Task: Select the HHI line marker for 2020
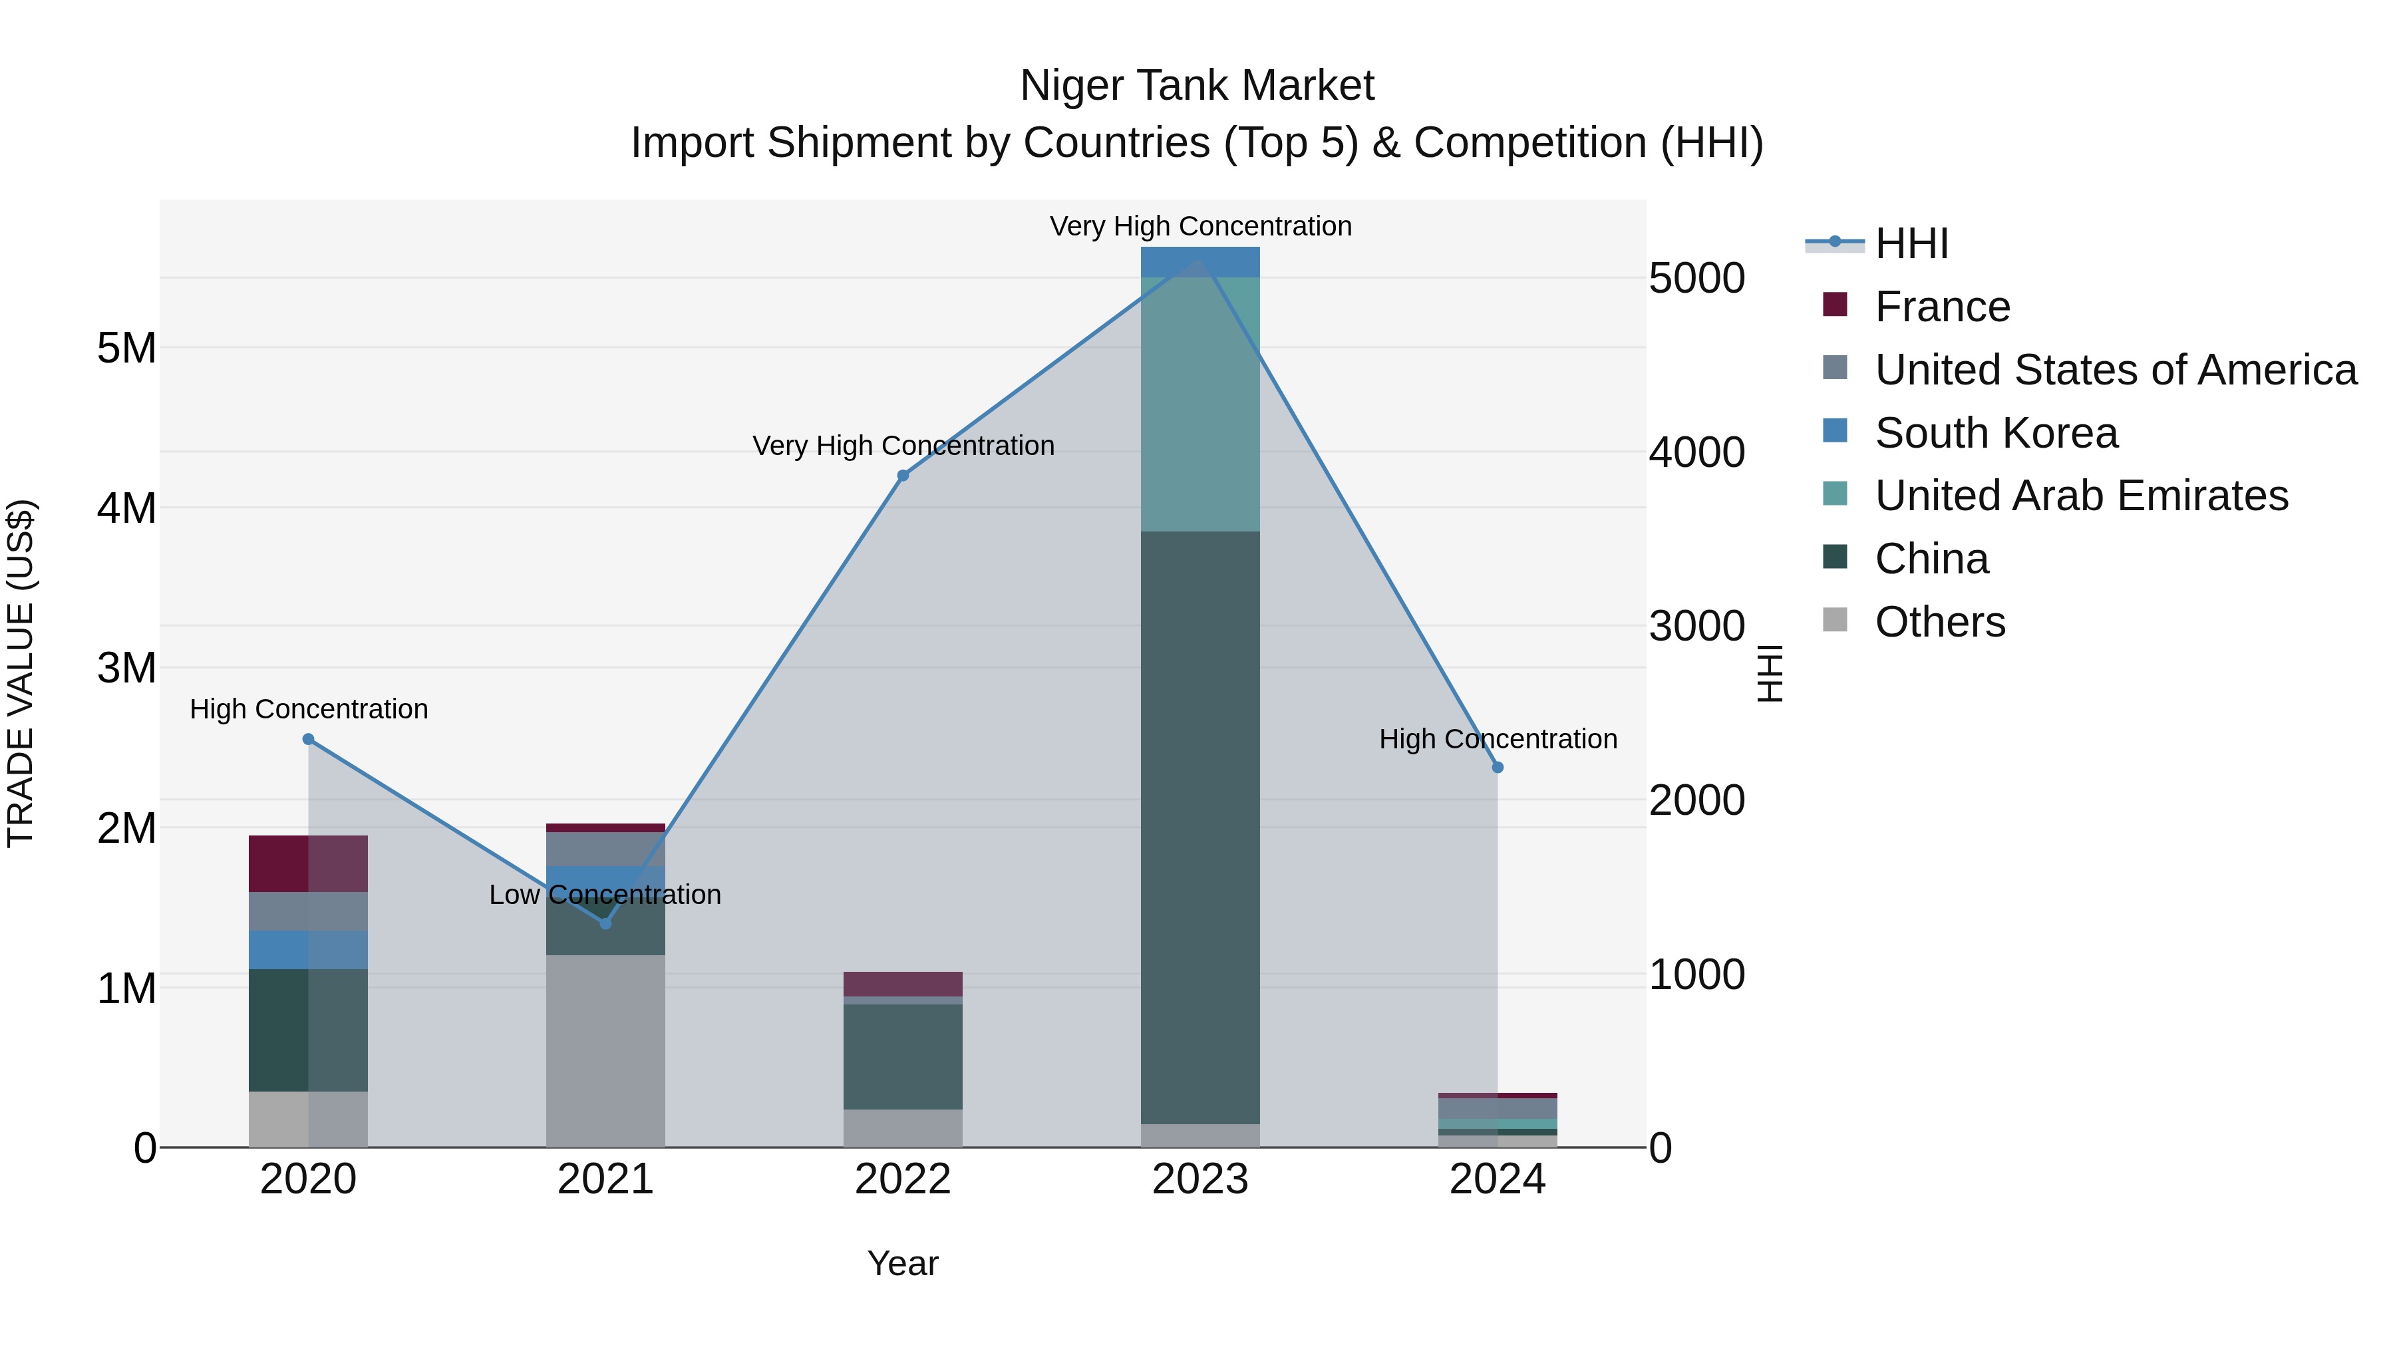click(309, 739)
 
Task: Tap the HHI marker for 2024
click(1497, 767)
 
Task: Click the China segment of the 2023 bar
click(1199, 827)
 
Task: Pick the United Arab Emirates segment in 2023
click(1199, 404)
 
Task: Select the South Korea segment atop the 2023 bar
click(1199, 262)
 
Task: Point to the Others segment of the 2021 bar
click(605, 1050)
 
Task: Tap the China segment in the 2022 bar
click(902, 1056)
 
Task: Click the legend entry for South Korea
click(1995, 432)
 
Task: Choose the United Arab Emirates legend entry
click(2081, 496)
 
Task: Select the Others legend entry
click(1939, 622)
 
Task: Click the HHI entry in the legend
click(1911, 243)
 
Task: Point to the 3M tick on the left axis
click(126, 667)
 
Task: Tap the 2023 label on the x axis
click(1199, 1179)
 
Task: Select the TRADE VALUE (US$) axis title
click(21, 673)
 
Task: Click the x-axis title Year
click(902, 1263)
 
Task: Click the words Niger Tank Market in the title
click(1197, 86)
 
